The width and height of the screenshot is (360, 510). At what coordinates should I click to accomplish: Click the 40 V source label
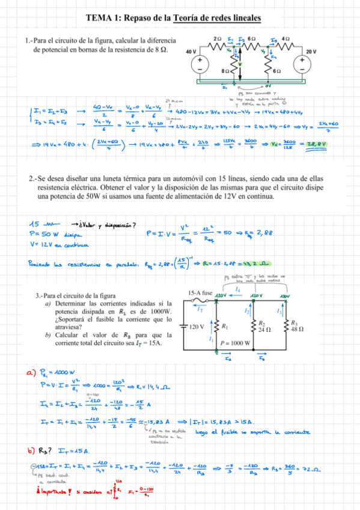click(x=191, y=52)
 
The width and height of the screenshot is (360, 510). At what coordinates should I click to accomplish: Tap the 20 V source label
click(x=311, y=52)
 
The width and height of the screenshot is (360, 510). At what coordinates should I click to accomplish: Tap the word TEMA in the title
click(x=99, y=19)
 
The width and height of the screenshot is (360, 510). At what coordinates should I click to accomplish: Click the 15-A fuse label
click(x=200, y=293)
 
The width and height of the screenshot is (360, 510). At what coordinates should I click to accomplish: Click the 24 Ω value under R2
click(x=263, y=330)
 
